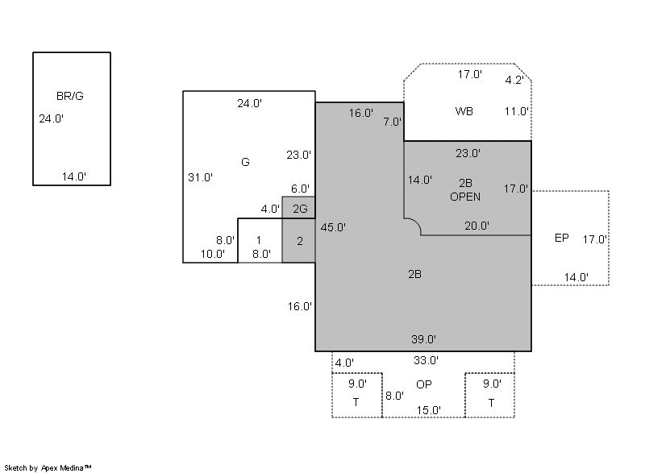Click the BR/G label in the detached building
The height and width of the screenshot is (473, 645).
coord(70,96)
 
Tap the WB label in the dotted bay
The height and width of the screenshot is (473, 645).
coord(464,111)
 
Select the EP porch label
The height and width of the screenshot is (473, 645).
coord(561,238)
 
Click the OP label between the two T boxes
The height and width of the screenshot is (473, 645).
coord(424,384)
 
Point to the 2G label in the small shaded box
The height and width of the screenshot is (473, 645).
coord(300,209)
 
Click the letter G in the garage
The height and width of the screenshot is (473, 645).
coord(245,162)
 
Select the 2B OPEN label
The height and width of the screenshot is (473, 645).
coord(465,189)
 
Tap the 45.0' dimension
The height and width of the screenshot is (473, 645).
coord(333,227)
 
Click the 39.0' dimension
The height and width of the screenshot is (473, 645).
coord(424,339)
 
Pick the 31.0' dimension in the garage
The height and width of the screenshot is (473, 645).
coord(200,177)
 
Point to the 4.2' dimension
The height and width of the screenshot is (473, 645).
coord(514,80)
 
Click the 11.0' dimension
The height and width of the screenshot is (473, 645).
coord(517,111)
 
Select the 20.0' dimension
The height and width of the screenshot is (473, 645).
coord(476,226)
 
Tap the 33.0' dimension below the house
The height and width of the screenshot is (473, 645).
coord(427,360)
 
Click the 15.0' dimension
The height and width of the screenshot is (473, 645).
coord(429,410)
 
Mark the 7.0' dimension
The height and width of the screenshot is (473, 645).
coord(393,122)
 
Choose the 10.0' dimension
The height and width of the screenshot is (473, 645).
coord(213,254)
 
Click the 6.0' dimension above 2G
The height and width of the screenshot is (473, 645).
coord(300,189)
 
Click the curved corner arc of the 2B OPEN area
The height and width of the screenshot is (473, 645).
coord(415,222)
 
